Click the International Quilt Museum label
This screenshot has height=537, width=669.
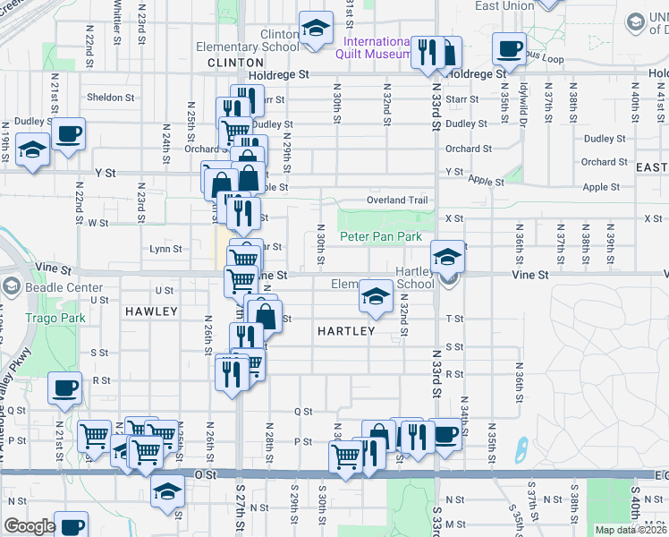pyautogui.click(x=373, y=47)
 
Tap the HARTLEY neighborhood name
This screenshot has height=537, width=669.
pyautogui.click(x=345, y=330)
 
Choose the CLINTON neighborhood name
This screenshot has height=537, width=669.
pyautogui.click(x=235, y=63)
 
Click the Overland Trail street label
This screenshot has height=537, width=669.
pyautogui.click(x=397, y=200)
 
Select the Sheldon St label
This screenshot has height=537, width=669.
pyautogui.click(x=110, y=98)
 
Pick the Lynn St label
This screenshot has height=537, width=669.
pyautogui.click(x=165, y=249)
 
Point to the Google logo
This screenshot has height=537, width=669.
pyautogui.click(x=29, y=526)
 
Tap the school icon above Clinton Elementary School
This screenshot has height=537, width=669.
pyautogui.click(x=316, y=29)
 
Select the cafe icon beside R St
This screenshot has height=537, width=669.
pyautogui.click(x=64, y=390)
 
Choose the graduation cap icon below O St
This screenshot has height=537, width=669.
pyautogui.click(x=166, y=492)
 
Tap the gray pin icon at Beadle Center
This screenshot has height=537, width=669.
pyautogui.click(x=12, y=287)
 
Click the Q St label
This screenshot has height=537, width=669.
pyautogui.click(x=303, y=412)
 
